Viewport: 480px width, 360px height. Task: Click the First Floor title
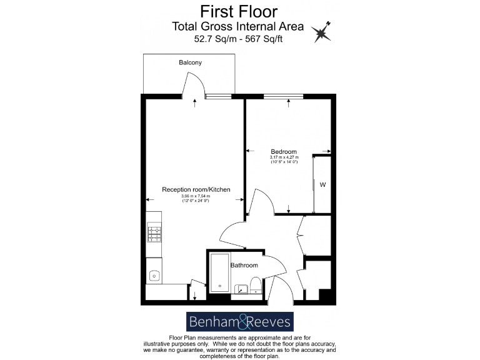tap(238, 11)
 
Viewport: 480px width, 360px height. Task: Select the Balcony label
tap(190, 63)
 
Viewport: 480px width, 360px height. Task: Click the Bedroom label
tap(283, 152)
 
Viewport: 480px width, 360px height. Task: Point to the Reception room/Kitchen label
tap(196, 189)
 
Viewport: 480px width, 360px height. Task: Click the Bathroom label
tap(244, 266)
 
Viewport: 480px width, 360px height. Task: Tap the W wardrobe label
tap(322, 184)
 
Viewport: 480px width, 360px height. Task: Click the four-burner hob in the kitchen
tap(154, 234)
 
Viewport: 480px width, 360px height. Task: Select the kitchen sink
tap(154, 274)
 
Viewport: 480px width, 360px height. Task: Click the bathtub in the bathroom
tap(219, 273)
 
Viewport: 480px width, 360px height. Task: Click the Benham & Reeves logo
tap(240, 322)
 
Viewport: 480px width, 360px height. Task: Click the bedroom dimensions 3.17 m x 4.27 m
tap(283, 159)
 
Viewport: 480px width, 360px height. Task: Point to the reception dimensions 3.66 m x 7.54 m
tap(196, 198)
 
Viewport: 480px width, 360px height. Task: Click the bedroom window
tap(282, 96)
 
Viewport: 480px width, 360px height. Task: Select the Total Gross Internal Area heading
tap(238, 26)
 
